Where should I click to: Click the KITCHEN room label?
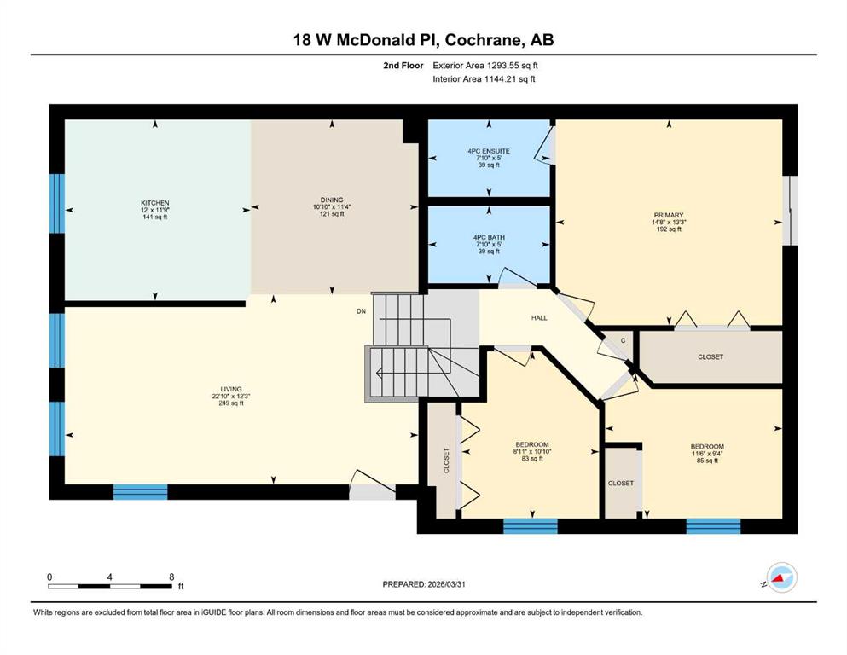coord(155,203)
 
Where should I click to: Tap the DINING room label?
coord(332,200)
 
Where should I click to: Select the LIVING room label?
coord(230,389)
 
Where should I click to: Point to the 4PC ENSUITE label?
coord(489,151)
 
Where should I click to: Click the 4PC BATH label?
coord(489,238)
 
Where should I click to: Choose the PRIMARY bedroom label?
coord(669,215)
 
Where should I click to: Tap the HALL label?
coord(539,318)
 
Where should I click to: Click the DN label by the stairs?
coord(361,311)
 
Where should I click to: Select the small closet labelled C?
coord(623,341)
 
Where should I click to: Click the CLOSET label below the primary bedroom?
coord(711,357)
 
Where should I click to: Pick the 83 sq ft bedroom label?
coord(532,444)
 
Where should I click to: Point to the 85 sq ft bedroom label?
coord(707,447)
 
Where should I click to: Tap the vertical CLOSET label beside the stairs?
coord(447,461)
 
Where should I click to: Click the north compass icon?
coord(781,577)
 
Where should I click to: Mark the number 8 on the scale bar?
coord(171,577)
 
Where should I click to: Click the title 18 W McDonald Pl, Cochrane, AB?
coord(423,40)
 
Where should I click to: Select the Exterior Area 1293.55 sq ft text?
coord(485,66)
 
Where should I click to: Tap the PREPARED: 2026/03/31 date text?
coord(423,584)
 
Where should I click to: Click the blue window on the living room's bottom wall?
coord(141,492)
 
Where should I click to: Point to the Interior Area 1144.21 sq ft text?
coord(484,78)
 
